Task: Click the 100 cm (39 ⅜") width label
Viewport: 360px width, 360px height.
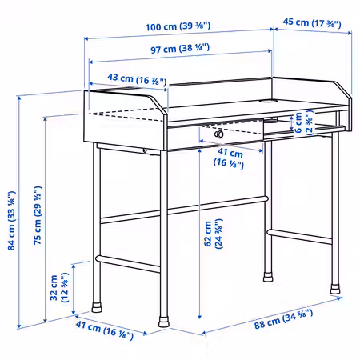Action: [178, 26]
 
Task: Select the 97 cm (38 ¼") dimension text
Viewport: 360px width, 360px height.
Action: [180, 49]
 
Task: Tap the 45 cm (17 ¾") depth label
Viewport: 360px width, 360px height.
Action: [312, 22]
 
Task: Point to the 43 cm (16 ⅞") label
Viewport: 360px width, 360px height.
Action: [137, 79]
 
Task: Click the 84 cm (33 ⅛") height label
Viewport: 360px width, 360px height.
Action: [12, 221]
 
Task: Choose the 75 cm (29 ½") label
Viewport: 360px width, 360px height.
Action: [38, 215]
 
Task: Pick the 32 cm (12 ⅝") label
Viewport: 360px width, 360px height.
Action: [59, 287]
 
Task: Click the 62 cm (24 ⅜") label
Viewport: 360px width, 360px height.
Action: [213, 234]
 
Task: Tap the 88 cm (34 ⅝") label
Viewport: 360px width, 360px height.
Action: [283, 319]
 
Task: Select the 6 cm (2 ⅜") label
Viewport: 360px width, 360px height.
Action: [303, 122]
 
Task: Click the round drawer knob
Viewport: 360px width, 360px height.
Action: [219, 134]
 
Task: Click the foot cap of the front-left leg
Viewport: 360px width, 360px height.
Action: [164, 322]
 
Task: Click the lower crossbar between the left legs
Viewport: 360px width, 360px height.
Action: [128, 264]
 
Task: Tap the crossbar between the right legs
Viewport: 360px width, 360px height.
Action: [300, 237]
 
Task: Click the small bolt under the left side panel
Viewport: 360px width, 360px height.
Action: [144, 150]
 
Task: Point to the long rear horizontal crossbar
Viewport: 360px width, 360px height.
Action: [184, 210]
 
